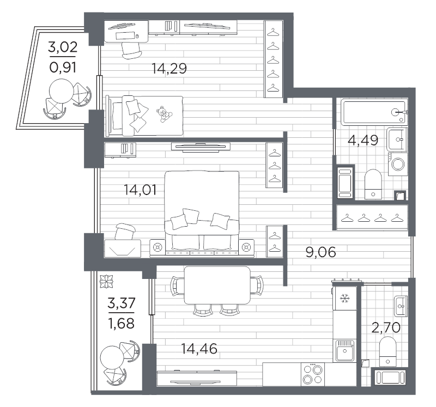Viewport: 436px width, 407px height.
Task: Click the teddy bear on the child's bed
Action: [x=164, y=114]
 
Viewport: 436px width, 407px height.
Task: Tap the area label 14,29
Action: [x=169, y=69]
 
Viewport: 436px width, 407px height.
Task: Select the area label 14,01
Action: [x=140, y=190]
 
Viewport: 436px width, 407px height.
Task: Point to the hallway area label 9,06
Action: [x=320, y=252]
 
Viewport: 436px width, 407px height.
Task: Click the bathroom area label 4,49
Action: [x=363, y=140]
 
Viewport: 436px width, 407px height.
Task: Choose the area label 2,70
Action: [x=386, y=327]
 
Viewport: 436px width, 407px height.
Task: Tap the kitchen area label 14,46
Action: [x=199, y=349]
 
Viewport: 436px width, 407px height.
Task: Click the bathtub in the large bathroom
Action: [x=374, y=112]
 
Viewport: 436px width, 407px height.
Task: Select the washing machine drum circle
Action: [x=398, y=164]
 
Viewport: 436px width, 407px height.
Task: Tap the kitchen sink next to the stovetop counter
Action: [x=345, y=350]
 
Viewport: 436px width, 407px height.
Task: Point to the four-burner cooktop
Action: [x=313, y=374]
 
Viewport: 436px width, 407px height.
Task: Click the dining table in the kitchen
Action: [x=217, y=285]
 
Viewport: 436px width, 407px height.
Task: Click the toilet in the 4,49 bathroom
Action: [x=373, y=184]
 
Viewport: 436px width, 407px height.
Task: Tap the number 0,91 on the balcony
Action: [x=63, y=68]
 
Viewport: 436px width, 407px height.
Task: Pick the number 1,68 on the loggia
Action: [x=121, y=323]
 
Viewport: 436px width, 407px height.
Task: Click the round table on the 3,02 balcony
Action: [x=62, y=91]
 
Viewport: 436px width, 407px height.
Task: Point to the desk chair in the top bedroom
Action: [x=131, y=50]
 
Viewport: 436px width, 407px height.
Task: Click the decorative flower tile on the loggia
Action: [x=107, y=282]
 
